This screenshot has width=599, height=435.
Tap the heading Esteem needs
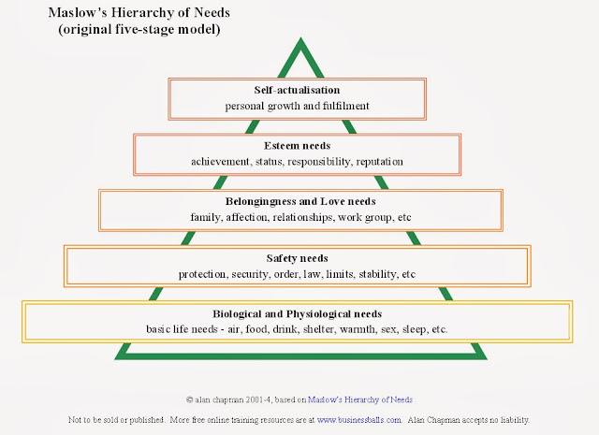point(299,147)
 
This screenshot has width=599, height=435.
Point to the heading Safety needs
point(299,258)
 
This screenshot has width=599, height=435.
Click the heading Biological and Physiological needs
point(299,314)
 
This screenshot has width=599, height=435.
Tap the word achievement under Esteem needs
point(225,162)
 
